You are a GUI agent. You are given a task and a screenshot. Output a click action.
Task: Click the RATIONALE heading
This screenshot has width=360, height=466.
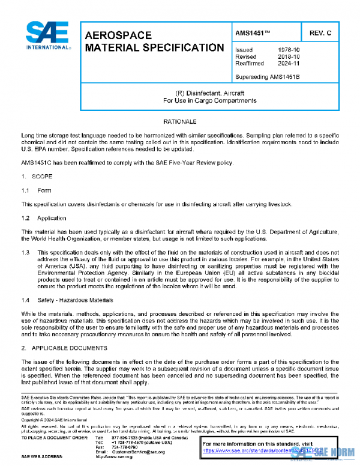180,122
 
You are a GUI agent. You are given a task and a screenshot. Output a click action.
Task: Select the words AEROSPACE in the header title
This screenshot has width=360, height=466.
119,36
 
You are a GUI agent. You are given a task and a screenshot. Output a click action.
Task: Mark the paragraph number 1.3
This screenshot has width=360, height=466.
26,253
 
